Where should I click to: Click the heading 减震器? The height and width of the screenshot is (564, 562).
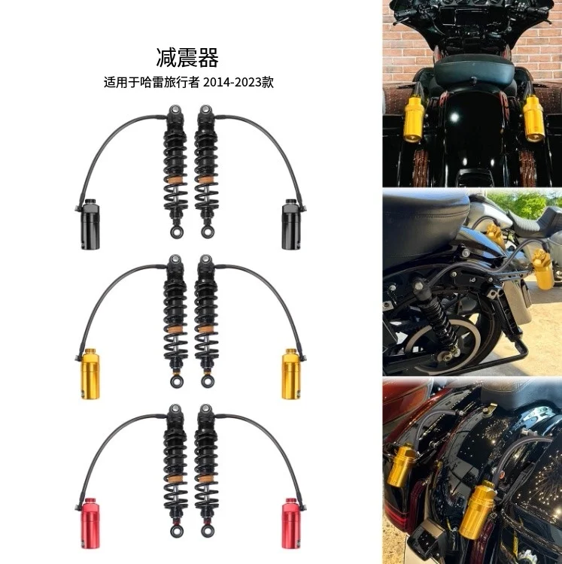187,57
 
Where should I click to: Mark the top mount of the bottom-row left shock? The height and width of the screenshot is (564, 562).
175,411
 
